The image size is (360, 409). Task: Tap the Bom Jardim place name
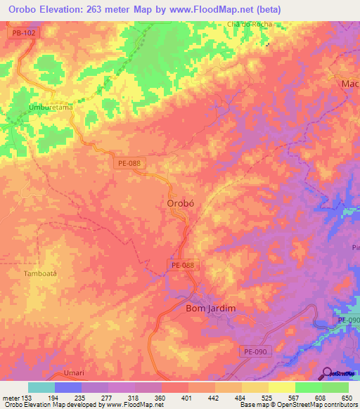pyautogui.click(x=210, y=309)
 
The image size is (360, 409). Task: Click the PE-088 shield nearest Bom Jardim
pyautogui.click(x=185, y=265)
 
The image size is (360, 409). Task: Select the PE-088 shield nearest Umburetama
pyautogui.click(x=128, y=162)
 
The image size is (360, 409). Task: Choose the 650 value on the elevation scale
pyautogui.click(x=347, y=398)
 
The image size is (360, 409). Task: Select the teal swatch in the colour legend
pyautogui.click(x=41, y=387)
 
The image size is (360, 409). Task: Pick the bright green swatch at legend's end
pyautogui.click(x=335, y=387)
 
